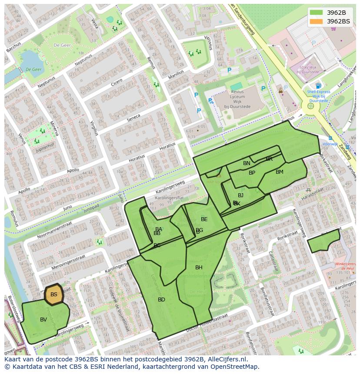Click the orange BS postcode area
[x=54, y=295]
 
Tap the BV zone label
[x=43, y=320]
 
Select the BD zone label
[x=161, y=300]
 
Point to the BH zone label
[x=199, y=268]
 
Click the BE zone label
[x=204, y=219]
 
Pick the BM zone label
[x=280, y=172]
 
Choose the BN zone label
[x=247, y=163]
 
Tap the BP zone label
[x=252, y=173]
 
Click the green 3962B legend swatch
[x=316, y=13]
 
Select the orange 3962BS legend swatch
[x=316, y=21]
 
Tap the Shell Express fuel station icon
[x=318, y=86]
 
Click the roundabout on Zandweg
[x=310, y=106]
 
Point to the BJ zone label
[x=240, y=195]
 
